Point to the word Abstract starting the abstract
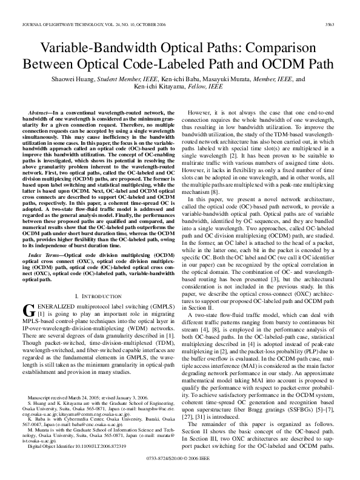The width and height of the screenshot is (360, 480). [x=41, y=113]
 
